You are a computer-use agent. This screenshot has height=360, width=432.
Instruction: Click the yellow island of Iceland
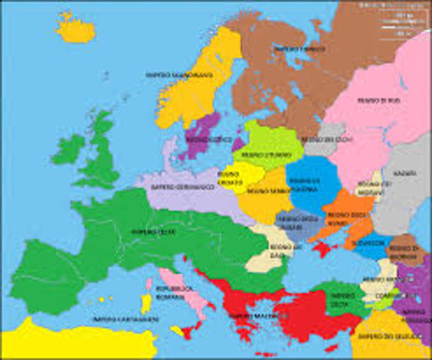(x=76, y=30)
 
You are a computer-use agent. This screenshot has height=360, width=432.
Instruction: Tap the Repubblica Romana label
(x=175, y=293)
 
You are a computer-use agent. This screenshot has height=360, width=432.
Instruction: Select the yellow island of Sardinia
(x=147, y=303)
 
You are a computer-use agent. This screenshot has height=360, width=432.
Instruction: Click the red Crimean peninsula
(x=324, y=248)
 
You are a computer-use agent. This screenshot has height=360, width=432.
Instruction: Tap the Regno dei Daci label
(x=267, y=256)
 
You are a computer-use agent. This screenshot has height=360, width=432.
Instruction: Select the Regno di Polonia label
(x=304, y=185)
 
